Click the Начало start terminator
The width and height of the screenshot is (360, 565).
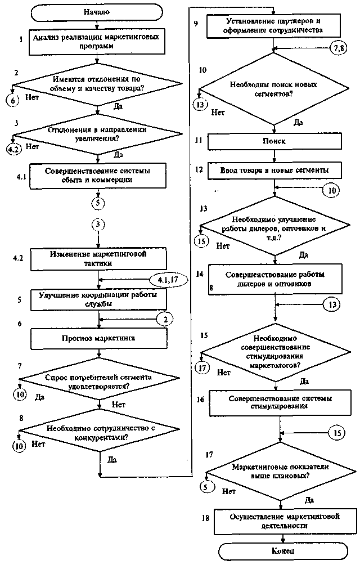(98, 11)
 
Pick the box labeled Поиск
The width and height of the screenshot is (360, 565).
(274, 141)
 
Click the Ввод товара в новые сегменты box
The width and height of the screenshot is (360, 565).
(274, 169)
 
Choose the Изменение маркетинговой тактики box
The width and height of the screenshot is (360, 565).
(98, 259)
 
